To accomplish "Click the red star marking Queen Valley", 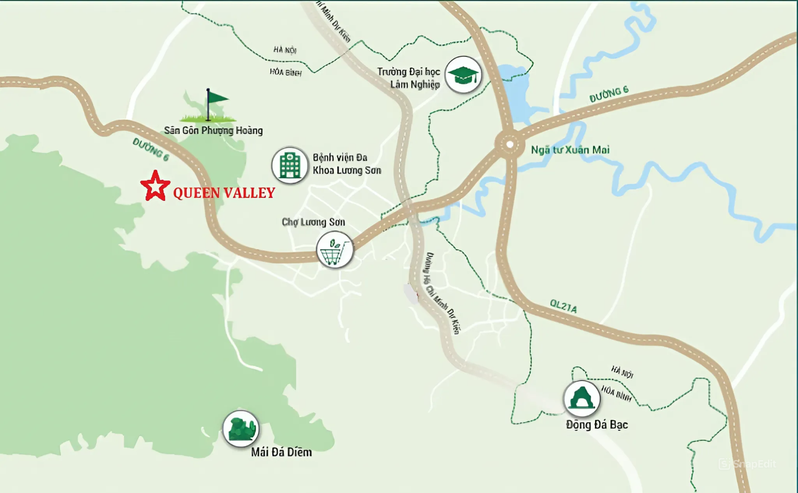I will pos(155,186).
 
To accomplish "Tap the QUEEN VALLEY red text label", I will pos(224,193).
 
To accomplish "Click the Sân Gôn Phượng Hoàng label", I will pos(213,131).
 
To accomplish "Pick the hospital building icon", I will pos(290,165).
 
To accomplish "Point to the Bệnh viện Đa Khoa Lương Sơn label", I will pos(347,164).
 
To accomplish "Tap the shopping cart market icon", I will pos(334,250).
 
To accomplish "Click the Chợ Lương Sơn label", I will pos(313,222).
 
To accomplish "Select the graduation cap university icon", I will pos(463,75).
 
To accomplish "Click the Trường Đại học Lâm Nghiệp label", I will pos(409,78).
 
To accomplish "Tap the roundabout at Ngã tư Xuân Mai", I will pos(510,145).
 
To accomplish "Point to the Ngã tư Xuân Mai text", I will pos(570,150).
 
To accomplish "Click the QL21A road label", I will pos(563,306).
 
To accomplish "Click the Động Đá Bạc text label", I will pos(597,425).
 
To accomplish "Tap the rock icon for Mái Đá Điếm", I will pos(240,428).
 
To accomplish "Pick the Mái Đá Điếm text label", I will pos(281,452).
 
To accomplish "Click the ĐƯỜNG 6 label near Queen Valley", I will pos(151,150).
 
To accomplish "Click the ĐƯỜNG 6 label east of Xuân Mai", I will pos(608,94).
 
